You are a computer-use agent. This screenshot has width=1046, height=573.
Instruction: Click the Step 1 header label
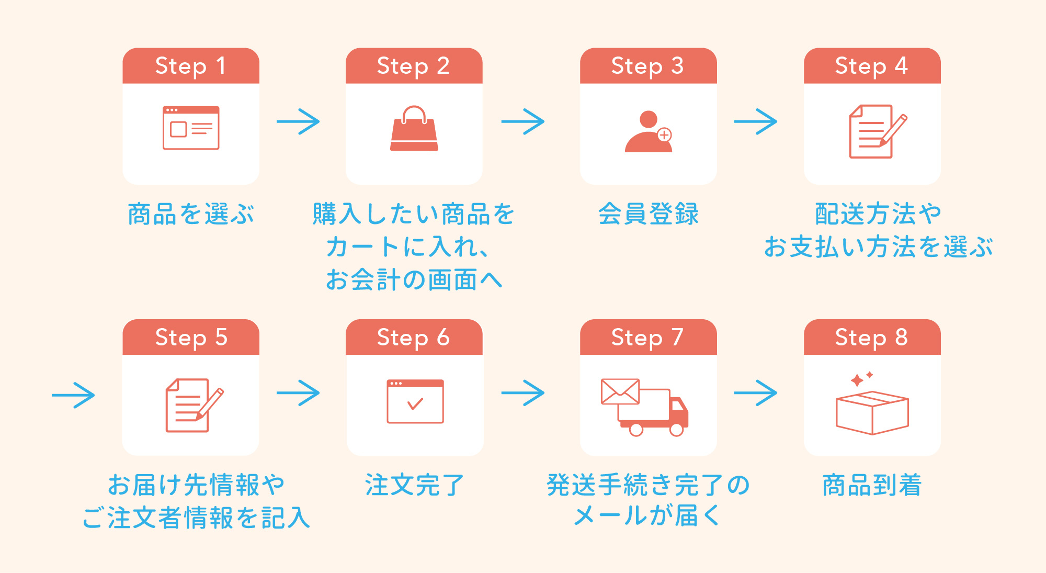(191, 66)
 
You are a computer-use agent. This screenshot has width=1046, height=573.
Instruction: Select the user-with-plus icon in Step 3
(649, 132)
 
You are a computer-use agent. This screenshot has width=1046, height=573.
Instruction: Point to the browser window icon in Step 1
(191, 128)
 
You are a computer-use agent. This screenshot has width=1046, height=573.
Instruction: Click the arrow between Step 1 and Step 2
(298, 122)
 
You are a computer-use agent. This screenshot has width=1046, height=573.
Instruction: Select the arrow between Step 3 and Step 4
(755, 122)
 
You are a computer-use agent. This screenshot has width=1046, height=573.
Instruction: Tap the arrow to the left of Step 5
(73, 395)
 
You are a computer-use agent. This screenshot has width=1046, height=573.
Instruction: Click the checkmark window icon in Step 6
(415, 401)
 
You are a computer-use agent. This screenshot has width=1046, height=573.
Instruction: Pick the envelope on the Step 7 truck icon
(620, 391)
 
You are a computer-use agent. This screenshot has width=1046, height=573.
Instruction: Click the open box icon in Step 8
(872, 413)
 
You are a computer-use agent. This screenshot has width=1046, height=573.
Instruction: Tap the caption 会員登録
(648, 214)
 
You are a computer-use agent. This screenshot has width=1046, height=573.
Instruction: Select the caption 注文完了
(414, 485)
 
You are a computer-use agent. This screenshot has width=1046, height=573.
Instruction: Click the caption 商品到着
(872, 485)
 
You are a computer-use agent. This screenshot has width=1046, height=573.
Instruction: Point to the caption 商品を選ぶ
(191, 214)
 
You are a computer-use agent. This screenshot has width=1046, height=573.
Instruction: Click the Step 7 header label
(647, 338)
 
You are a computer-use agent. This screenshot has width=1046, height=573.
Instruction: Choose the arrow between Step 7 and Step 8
(755, 393)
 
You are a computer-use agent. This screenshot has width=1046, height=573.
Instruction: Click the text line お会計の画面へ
(414, 280)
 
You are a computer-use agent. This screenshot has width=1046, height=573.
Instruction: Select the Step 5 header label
(191, 338)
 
